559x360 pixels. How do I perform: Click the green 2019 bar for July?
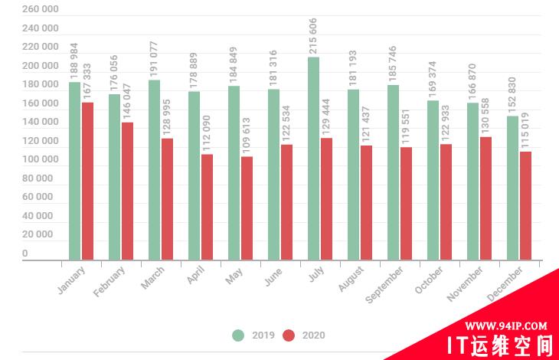pyautogui.click(x=313, y=159)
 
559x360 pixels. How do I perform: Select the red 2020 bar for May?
pyautogui.click(x=247, y=208)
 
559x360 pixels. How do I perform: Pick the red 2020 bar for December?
pyautogui.click(x=525, y=206)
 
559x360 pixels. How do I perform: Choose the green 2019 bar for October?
pyautogui.click(x=433, y=181)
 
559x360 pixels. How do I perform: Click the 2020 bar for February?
pyautogui.click(x=127, y=191)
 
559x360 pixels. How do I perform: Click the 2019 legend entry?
pyautogui.click(x=256, y=335)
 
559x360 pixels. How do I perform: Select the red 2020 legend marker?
pyautogui.click(x=289, y=335)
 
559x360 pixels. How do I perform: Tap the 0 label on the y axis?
pyautogui.click(x=25, y=254)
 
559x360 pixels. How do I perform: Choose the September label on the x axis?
pyautogui.click(x=385, y=284)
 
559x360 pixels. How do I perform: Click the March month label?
pyautogui.click(x=153, y=277)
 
